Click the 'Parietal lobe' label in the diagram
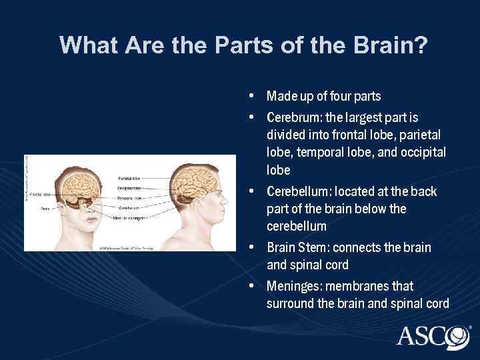(x=129, y=179)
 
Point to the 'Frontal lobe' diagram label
(x=41, y=194)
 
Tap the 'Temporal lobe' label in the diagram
(x=129, y=198)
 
